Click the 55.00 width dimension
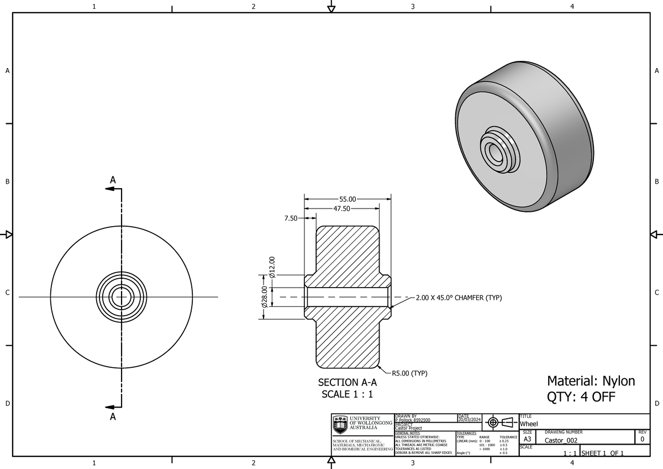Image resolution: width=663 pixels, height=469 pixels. [x=348, y=199]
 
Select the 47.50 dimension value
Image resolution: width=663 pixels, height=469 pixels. [x=342, y=209]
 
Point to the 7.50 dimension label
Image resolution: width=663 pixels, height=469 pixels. [x=290, y=218]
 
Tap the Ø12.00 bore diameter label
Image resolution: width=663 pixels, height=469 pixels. [x=272, y=267]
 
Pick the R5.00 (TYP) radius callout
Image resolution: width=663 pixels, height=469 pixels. [x=409, y=373]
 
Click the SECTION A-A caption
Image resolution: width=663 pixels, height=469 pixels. [x=348, y=382]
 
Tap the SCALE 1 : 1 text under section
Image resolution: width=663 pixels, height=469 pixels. [x=348, y=394]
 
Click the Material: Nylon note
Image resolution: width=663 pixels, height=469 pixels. [x=591, y=381]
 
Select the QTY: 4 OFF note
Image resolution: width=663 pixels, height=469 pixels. [x=581, y=397]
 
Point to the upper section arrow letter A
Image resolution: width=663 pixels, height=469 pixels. [x=113, y=180]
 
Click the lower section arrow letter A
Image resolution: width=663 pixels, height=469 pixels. [x=113, y=416]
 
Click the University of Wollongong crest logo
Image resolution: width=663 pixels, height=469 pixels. [x=340, y=425]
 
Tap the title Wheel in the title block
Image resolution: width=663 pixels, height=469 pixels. [x=529, y=424]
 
